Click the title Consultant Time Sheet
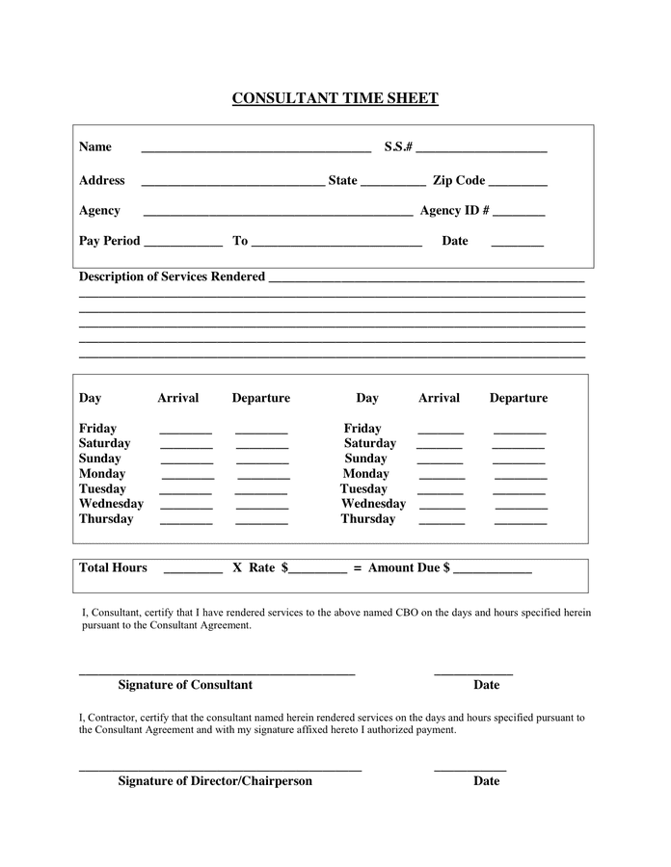(x=335, y=98)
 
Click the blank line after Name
(x=255, y=150)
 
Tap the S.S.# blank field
(x=482, y=150)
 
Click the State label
(x=342, y=180)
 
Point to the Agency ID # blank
(x=519, y=214)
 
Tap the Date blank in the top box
(x=517, y=244)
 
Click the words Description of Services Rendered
(x=172, y=276)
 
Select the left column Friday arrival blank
(x=185, y=432)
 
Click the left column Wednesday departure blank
(x=262, y=507)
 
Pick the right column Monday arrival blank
(x=442, y=477)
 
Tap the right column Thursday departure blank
(x=521, y=522)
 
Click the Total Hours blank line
(x=193, y=571)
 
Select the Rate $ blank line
(x=317, y=571)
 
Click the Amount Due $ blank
(x=492, y=571)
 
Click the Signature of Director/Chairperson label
(x=215, y=781)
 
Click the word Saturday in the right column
(x=370, y=443)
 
